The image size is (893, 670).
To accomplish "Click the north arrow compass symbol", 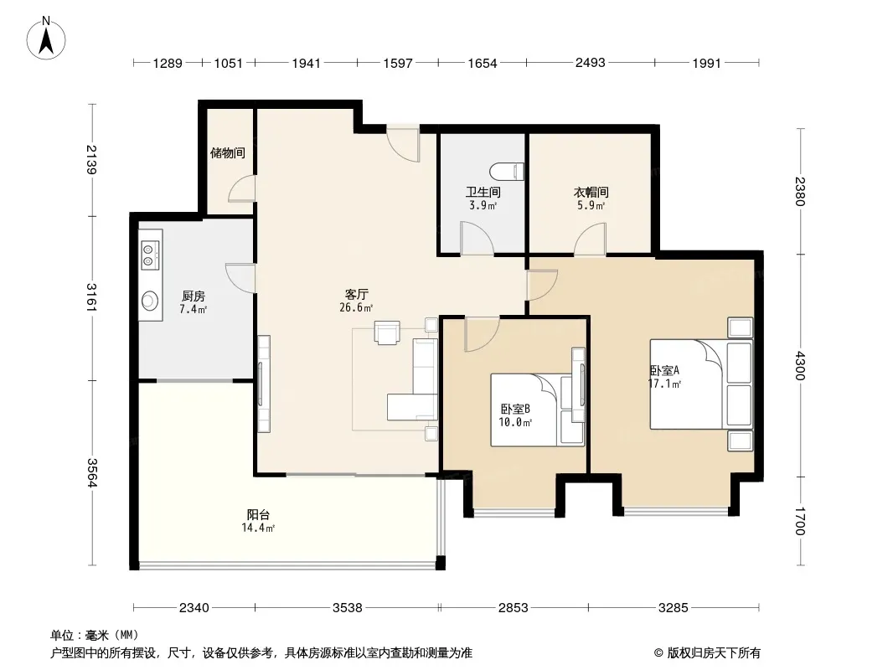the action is point(46,38).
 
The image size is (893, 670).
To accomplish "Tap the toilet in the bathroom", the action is point(507,172).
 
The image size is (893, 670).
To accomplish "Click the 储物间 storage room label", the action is point(228,152).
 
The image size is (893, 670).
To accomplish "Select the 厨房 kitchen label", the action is point(194,296).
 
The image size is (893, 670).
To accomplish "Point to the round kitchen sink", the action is point(150,300).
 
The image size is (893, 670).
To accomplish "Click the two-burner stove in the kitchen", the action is point(150,255).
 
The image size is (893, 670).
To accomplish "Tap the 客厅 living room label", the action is point(357,294).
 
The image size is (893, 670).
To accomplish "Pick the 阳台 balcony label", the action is point(259,514).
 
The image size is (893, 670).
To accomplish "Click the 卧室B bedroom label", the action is point(515,409).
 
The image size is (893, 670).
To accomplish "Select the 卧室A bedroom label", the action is point(664,370).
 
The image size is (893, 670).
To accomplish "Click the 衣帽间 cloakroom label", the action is point(591,193).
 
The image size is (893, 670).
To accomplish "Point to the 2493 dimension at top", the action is point(590,63).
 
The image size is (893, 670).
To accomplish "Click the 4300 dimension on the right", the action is point(800,366).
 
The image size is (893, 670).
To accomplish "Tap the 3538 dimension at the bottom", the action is point(348,608).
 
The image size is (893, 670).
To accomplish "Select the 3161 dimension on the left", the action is point(91,297).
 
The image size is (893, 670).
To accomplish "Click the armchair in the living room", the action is point(387,332).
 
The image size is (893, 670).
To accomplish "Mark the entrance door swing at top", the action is point(403,143).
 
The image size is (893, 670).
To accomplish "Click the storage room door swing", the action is point(241,188).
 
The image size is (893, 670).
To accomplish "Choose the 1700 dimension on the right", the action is point(800,522).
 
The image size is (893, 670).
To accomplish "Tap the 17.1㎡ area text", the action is point(664,384).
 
